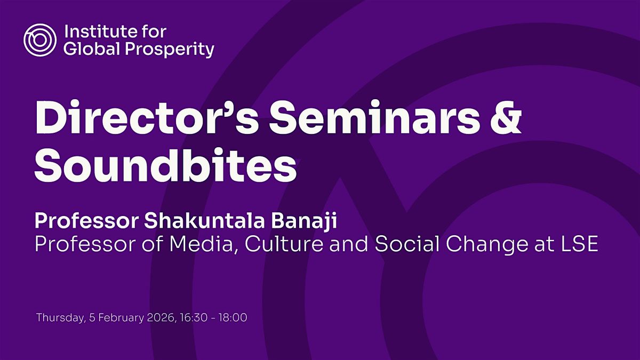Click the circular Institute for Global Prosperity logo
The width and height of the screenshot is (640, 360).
point(39,39)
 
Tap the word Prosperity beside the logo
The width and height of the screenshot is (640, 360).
point(170,50)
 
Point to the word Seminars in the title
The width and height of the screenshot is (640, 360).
point(374,117)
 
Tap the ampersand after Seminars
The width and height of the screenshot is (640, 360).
point(506,117)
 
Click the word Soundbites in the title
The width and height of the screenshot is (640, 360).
point(165,165)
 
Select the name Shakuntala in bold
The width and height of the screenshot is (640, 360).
point(205,221)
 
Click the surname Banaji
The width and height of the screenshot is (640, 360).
point(304,221)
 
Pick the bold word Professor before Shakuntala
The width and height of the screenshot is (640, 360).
point(86,221)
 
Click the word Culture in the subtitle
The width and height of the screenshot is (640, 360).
point(284,244)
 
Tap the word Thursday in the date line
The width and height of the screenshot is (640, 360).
point(61,318)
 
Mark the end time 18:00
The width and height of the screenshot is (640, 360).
point(233,318)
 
